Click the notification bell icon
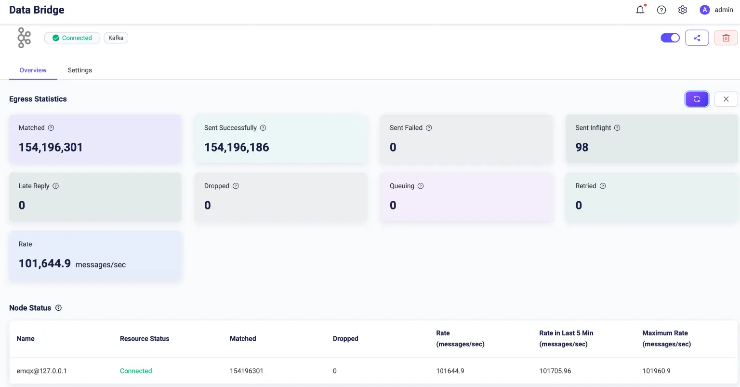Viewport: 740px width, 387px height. (x=640, y=10)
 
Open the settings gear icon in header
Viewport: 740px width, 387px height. (x=682, y=10)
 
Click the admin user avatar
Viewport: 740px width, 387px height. (x=704, y=10)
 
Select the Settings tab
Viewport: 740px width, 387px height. (x=79, y=70)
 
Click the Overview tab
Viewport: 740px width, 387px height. (x=33, y=70)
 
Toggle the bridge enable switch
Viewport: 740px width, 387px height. (x=670, y=38)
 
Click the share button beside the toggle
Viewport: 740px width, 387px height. (x=697, y=38)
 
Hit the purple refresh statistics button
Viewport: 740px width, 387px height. (x=697, y=99)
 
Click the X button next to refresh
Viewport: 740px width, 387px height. (x=726, y=99)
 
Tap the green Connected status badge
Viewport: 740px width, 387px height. (x=72, y=38)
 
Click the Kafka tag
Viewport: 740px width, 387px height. (x=116, y=38)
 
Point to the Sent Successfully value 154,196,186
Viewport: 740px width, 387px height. (x=237, y=147)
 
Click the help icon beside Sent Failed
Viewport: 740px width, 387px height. (x=429, y=128)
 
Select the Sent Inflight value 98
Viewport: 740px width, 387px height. (x=581, y=147)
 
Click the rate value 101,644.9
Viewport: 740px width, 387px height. (x=45, y=263)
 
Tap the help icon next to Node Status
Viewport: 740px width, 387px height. (x=58, y=308)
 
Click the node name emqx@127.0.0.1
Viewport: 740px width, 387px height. (x=42, y=371)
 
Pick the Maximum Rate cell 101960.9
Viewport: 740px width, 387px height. (x=656, y=371)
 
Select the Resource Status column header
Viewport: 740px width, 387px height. (x=145, y=339)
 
